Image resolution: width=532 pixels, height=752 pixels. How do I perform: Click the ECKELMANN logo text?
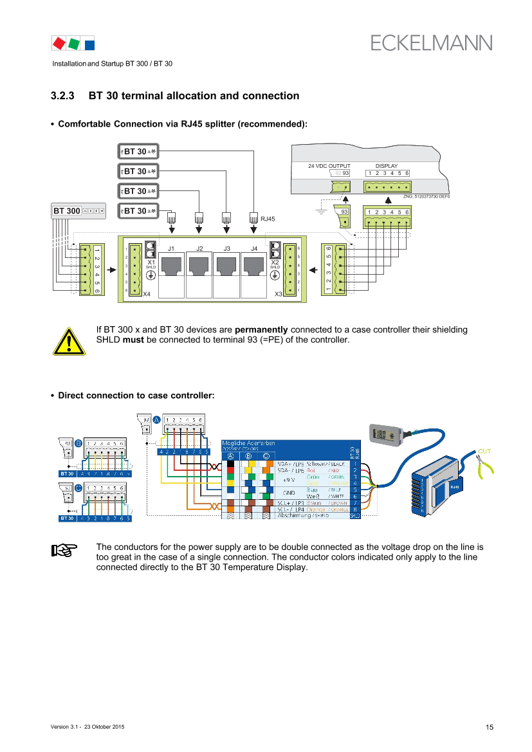pyautogui.click(x=431, y=42)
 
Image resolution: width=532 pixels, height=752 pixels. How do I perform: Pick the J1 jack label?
pyautogui.click(x=171, y=248)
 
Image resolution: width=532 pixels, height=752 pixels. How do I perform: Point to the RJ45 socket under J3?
pyautogui.click(x=226, y=266)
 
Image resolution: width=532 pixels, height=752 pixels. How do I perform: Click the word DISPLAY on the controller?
pyautogui.click(x=387, y=166)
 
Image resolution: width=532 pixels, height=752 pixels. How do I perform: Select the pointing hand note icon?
pyautogui.click(x=64, y=550)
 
